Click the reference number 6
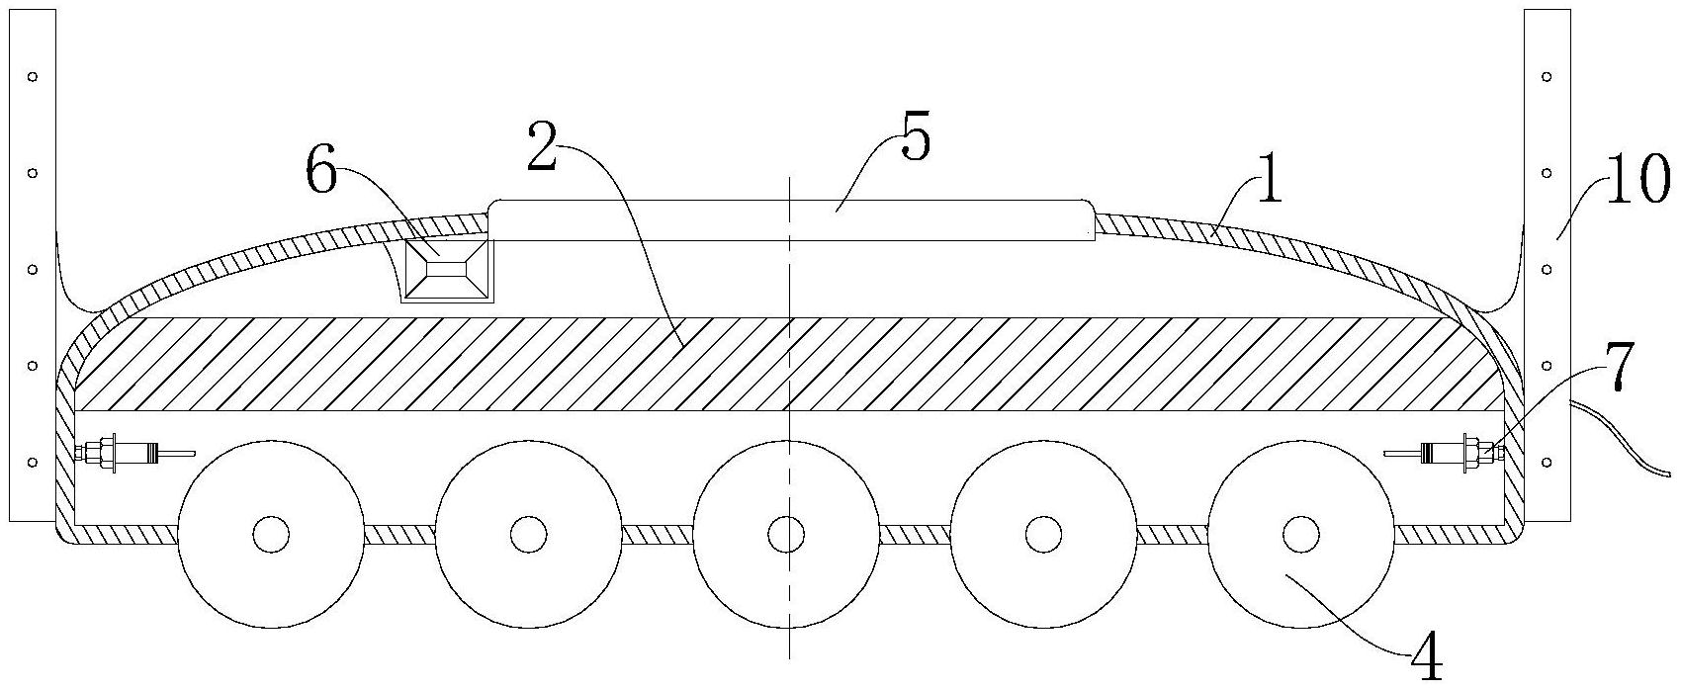point(323,173)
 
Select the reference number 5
point(915,139)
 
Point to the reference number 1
point(1268,184)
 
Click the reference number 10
point(1637,182)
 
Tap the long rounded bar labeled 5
point(791,219)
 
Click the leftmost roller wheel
point(271,535)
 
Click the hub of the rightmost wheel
point(1301,535)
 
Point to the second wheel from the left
point(528,535)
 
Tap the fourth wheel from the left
point(1044,535)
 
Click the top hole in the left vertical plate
point(32,76)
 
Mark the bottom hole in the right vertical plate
point(1547,461)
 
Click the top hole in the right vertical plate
point(1547,76)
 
